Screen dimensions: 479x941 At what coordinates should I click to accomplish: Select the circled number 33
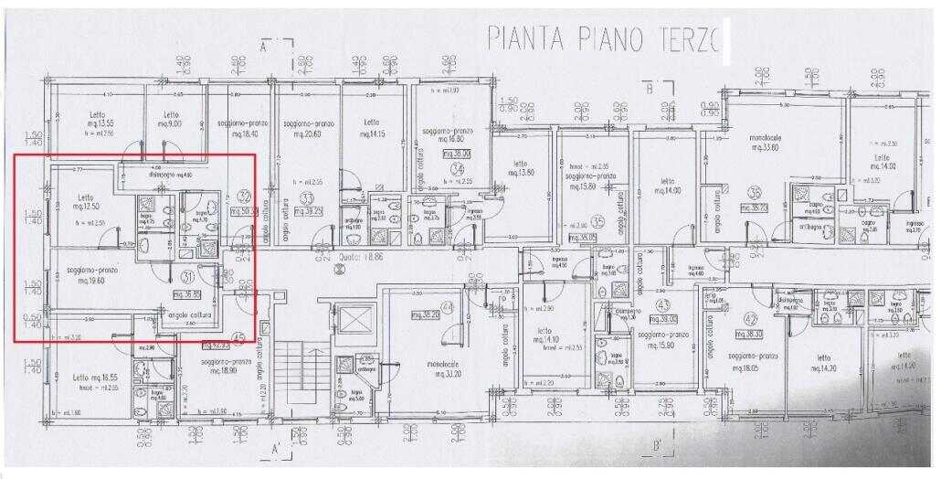307,197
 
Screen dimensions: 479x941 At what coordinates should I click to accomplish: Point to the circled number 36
755,193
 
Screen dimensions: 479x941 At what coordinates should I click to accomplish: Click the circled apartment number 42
752,319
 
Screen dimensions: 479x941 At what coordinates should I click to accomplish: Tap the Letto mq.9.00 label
170,119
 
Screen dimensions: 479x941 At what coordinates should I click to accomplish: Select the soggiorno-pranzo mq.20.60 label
303,128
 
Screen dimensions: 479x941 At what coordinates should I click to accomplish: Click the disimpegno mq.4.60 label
171,173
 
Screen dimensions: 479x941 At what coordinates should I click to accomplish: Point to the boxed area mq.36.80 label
186,294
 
